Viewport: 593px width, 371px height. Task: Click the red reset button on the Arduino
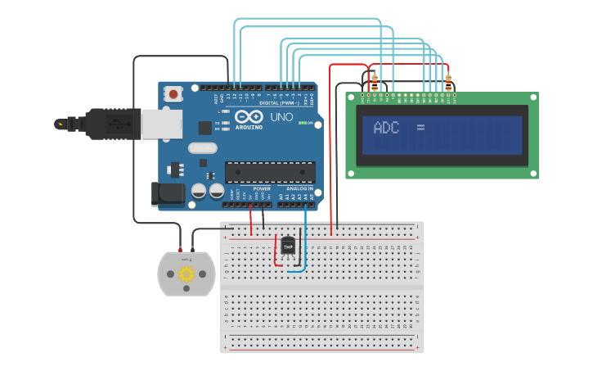(x=173, y=94)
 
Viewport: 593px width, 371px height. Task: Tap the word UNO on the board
(x=281, y=117)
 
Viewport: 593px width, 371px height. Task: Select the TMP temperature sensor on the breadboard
(x=288, y=245)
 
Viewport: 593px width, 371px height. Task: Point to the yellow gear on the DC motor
(x=186, y=274)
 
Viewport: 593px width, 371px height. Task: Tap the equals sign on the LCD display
(x=420, y=127)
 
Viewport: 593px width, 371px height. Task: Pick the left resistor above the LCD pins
(x=375, y=82)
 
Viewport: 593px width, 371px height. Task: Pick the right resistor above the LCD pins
(x=448, y=82)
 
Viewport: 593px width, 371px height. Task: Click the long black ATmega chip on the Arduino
(x=270, y=172)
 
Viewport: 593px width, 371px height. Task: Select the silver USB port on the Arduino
(x=155, y=124)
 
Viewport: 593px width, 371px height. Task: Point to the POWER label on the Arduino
(x=262, y=188)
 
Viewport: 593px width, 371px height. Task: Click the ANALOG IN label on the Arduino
(x=299, y=188)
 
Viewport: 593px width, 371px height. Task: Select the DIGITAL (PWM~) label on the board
(x=280, y=103)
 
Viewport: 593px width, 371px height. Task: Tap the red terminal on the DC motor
(x=181, y=249)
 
